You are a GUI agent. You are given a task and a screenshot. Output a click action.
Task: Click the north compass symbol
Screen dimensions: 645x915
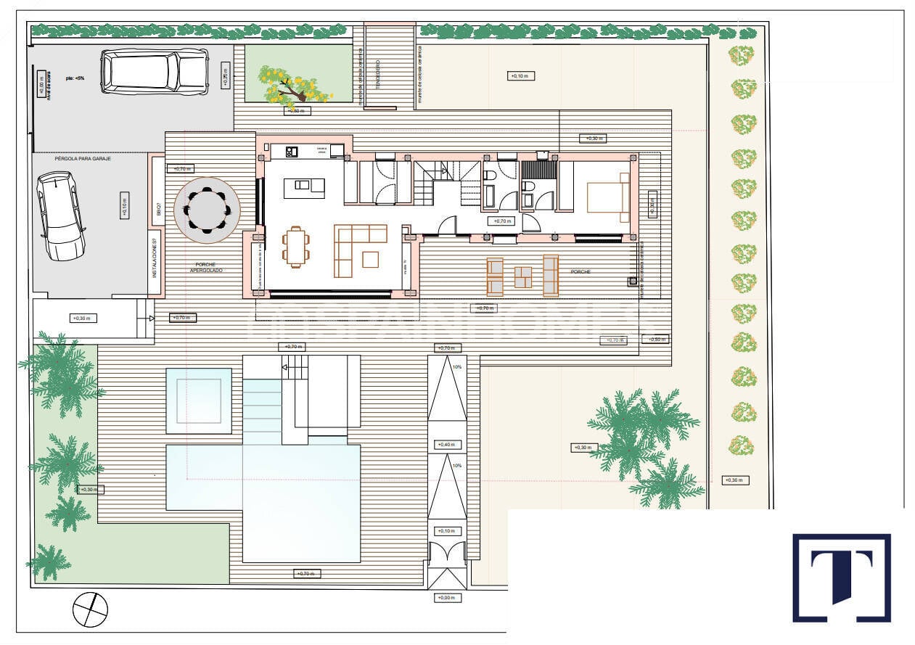tap(90, 609)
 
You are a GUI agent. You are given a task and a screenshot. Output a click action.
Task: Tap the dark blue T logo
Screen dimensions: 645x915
tap(841, 578)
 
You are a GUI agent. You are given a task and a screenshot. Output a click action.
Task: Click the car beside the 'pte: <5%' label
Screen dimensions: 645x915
tap(155, 72)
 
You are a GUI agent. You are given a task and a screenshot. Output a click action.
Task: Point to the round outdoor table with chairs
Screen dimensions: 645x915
tap(207, 210)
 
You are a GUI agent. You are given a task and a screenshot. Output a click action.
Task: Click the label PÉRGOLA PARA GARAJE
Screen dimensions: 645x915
tap(82, 158)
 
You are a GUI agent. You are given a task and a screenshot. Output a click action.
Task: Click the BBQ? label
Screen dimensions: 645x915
tap(157, 210)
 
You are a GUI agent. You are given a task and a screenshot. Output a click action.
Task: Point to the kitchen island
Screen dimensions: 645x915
tap(309, 188)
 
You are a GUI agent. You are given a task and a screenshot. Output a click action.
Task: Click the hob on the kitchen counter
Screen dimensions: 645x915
tap(292, 152)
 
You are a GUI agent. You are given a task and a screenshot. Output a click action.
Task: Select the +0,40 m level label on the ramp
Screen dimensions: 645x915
tap(446, 445)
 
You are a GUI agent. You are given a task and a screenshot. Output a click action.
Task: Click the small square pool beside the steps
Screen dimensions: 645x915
tap(198, 396)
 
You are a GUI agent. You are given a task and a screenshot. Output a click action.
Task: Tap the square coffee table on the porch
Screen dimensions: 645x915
tap(522, 276)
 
